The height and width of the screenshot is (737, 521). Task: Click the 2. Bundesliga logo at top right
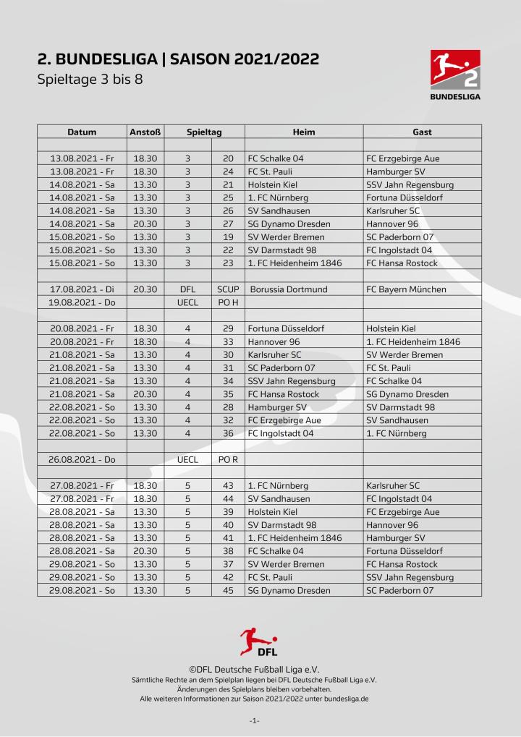[x=455, y=74]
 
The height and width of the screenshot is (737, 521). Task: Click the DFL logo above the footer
[x=258, y=642]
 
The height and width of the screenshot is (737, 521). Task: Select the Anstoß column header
[x=145, y=132]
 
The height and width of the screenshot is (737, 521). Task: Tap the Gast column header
[x=422, y=132]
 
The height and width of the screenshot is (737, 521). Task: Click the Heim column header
[x=304, y=132]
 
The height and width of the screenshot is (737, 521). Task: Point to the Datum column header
[x=82, y=132]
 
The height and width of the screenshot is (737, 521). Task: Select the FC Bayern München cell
[x=406, y=289]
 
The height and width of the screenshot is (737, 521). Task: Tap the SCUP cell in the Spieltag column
[x=228, y=289]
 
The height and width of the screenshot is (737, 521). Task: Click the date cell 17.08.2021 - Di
[x=82, y=289]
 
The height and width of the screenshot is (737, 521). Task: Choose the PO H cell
[x=228, y=302]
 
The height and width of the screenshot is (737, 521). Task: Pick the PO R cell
[x=228, y=459]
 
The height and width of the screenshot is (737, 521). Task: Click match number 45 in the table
[x=228, y=590]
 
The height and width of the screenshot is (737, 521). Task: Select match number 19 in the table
[x=228, y=237]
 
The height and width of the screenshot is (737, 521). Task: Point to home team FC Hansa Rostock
[x=283, y=394]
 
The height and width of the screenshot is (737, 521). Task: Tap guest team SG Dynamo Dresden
[x=407, y=394]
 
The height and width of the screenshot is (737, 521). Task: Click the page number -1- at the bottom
[x=255, y=721]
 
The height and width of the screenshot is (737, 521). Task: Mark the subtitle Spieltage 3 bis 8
[x=90, y=79]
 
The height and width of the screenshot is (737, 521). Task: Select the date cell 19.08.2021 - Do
[x=82, y=302]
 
